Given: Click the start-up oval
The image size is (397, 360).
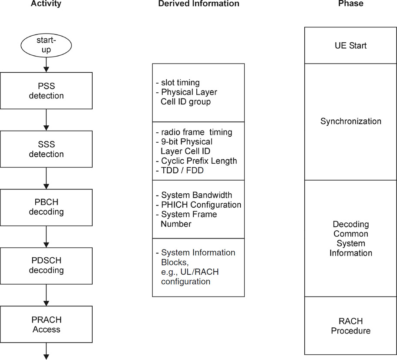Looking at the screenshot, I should click(x=46, y=45).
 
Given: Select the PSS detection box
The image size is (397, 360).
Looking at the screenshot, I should click(x=46, y=91).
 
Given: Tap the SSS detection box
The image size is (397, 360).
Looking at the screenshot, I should click(x=46, y=149).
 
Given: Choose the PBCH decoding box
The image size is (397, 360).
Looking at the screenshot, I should click(x=46, y=207).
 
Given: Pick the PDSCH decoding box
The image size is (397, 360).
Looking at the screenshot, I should click(x=46, y=266).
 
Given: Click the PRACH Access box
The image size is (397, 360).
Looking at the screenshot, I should click(x=46, y=324).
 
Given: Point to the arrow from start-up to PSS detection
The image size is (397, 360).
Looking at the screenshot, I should click(x=46, y=64).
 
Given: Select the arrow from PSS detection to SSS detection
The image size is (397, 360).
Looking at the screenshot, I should click(x=46, y=120).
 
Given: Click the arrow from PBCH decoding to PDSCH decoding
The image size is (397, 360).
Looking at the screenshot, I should click(x=46, y=236).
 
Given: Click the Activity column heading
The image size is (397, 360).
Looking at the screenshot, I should click(x=46, y=4).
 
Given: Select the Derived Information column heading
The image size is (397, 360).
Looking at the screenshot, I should click(x=198, y=4).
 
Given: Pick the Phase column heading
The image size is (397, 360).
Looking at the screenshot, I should click(x=350, y=4).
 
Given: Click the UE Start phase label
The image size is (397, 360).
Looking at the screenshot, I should click(x=350, y=46).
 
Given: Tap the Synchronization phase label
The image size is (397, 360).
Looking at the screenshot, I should click(x=350, y=121).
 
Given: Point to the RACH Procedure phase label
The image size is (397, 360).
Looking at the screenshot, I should click(x=350, y=326).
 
